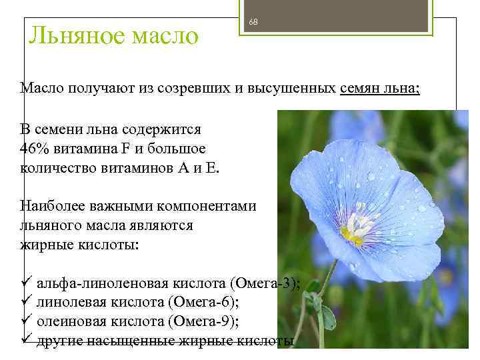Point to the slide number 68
coord(253,22)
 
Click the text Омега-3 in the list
coord(266,283)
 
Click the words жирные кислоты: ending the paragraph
coord(80,245)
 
